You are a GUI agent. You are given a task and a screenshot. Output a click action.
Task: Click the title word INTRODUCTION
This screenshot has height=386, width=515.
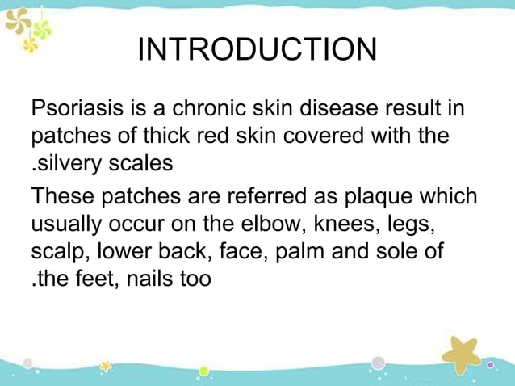coord(257,50)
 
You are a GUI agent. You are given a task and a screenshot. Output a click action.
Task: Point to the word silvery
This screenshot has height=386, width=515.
coord(66,163)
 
